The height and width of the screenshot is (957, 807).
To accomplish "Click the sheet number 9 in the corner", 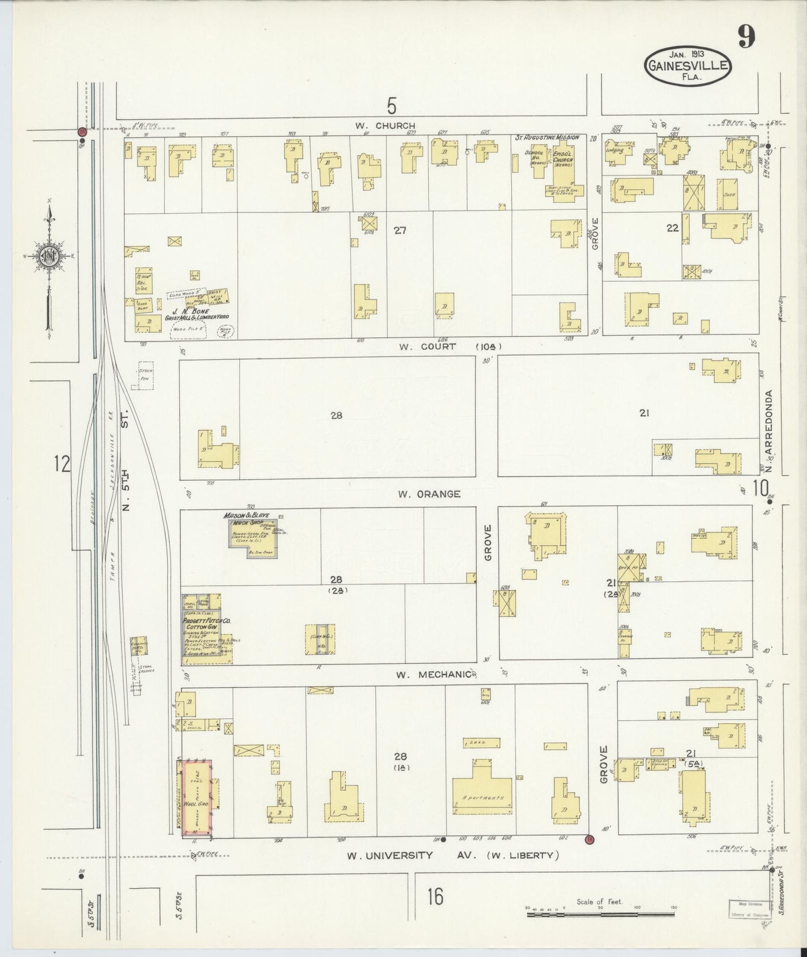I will [x=746, y=38].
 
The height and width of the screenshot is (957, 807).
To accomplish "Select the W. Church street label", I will [x=388, y=126].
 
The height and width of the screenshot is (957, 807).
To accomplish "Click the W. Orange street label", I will [x=429, y=494].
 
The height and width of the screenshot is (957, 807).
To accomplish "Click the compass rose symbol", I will [x=49, y=257].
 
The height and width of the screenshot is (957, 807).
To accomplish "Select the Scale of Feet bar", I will [x=601, y=908].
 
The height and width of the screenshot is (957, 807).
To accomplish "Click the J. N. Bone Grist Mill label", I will [x=195, y=313].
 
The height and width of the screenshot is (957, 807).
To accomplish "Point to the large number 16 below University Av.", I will [x=436, y=898].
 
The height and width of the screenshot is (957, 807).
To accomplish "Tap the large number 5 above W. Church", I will [x=393, y=105].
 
